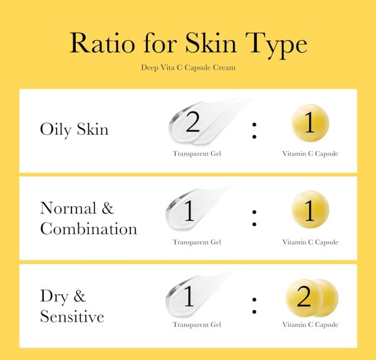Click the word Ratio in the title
[102, 43]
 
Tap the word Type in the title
[276, 45]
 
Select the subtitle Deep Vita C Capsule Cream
[188, 68]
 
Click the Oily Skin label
[75, 130]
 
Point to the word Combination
[88, 228]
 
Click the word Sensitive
[72, 316]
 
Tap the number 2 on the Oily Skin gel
[193, 122]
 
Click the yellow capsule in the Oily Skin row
[310, 123]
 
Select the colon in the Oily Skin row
[254, 131]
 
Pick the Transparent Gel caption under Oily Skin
[197, 154]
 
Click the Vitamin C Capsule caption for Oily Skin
[310, 154]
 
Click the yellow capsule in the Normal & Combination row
[310, 209]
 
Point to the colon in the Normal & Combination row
[254, 218]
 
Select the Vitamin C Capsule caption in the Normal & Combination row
[310, 242]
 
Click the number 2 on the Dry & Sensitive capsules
[304, 297]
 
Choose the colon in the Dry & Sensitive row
[254, 305]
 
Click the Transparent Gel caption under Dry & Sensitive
[197, 325]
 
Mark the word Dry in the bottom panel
[54, 297]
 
